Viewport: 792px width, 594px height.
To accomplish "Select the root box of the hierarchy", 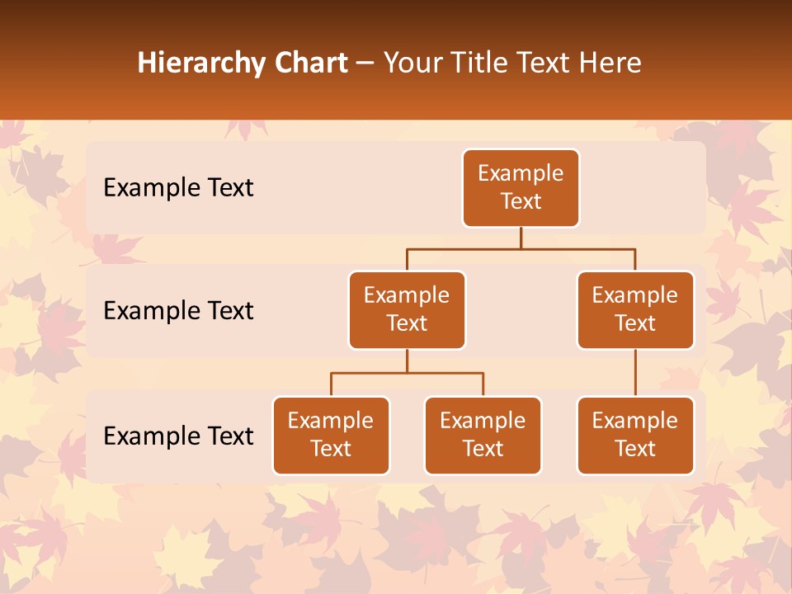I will tap(521, 188).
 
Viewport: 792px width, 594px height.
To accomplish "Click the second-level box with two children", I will tap(407, 309).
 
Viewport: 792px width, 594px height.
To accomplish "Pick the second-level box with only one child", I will tap(635, 309).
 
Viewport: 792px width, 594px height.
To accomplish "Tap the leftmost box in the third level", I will tap(331, 435).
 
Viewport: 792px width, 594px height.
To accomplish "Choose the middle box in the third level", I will tap(483, 435).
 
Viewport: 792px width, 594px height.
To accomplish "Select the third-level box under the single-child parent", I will tap(635, 435).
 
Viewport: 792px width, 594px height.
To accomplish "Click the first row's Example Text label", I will tap(178, 188).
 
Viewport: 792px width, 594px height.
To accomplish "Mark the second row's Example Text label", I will tap(178, 311).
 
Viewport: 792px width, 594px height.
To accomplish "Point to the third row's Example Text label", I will tap(178, 436).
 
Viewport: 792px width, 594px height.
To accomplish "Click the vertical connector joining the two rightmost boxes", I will tap(635, 373).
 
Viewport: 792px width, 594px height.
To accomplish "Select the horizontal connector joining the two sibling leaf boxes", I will tap(407, 373).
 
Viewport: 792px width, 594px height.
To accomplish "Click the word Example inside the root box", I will tap(521, 173).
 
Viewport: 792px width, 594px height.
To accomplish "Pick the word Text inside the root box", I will tap(521, 201).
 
